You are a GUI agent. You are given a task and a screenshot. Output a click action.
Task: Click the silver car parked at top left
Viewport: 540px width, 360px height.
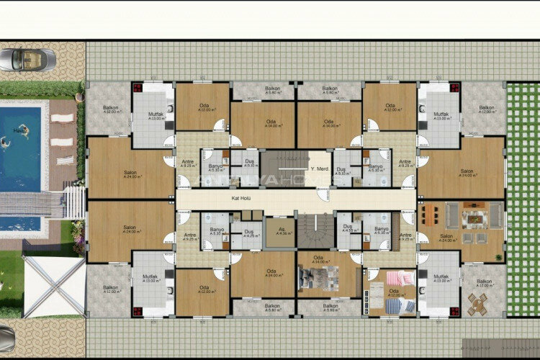27,60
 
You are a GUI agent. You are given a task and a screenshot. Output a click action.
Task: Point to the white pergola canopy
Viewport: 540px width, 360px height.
54,286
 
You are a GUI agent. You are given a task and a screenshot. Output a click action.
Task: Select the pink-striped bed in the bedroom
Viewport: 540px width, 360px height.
400,279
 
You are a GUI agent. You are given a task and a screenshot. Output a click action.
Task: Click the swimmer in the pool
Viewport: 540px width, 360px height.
22,131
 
